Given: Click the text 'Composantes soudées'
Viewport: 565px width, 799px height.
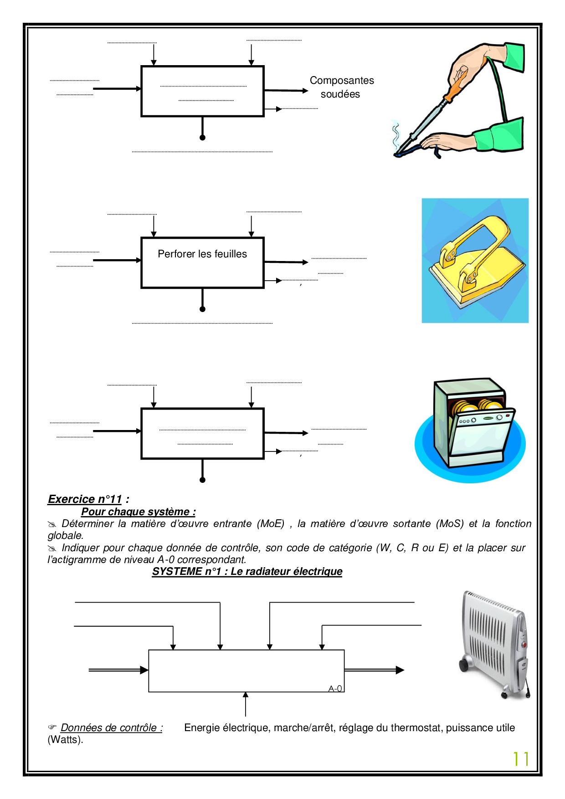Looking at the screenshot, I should click(x=341, y=87).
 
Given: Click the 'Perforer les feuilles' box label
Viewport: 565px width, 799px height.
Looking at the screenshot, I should click(x=202, y=254).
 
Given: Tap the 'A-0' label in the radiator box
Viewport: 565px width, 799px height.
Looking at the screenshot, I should click(x=335, y=688).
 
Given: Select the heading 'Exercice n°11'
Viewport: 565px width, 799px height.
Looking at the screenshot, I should click(x=85, y=499).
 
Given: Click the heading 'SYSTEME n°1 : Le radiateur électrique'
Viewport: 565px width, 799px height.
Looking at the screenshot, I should click(x=247, y=571).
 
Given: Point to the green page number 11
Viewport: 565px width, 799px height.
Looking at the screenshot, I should click(x=520, y=759).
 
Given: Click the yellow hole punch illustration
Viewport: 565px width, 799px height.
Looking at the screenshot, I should click(x=475, y=261).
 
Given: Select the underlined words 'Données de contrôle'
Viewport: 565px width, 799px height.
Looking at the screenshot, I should click(x=111, y=727).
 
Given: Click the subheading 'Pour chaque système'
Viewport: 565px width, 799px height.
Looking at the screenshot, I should click(x=138, y=512).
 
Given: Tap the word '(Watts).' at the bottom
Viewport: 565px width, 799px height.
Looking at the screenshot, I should click(x=66, y=739).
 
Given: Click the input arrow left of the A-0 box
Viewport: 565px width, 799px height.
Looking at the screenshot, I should click(x=118, y=670).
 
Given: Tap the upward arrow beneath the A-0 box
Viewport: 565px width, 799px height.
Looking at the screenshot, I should click(x=246, y=704).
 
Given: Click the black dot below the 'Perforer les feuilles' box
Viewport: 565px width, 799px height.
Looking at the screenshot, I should click(x=203, y=309).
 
